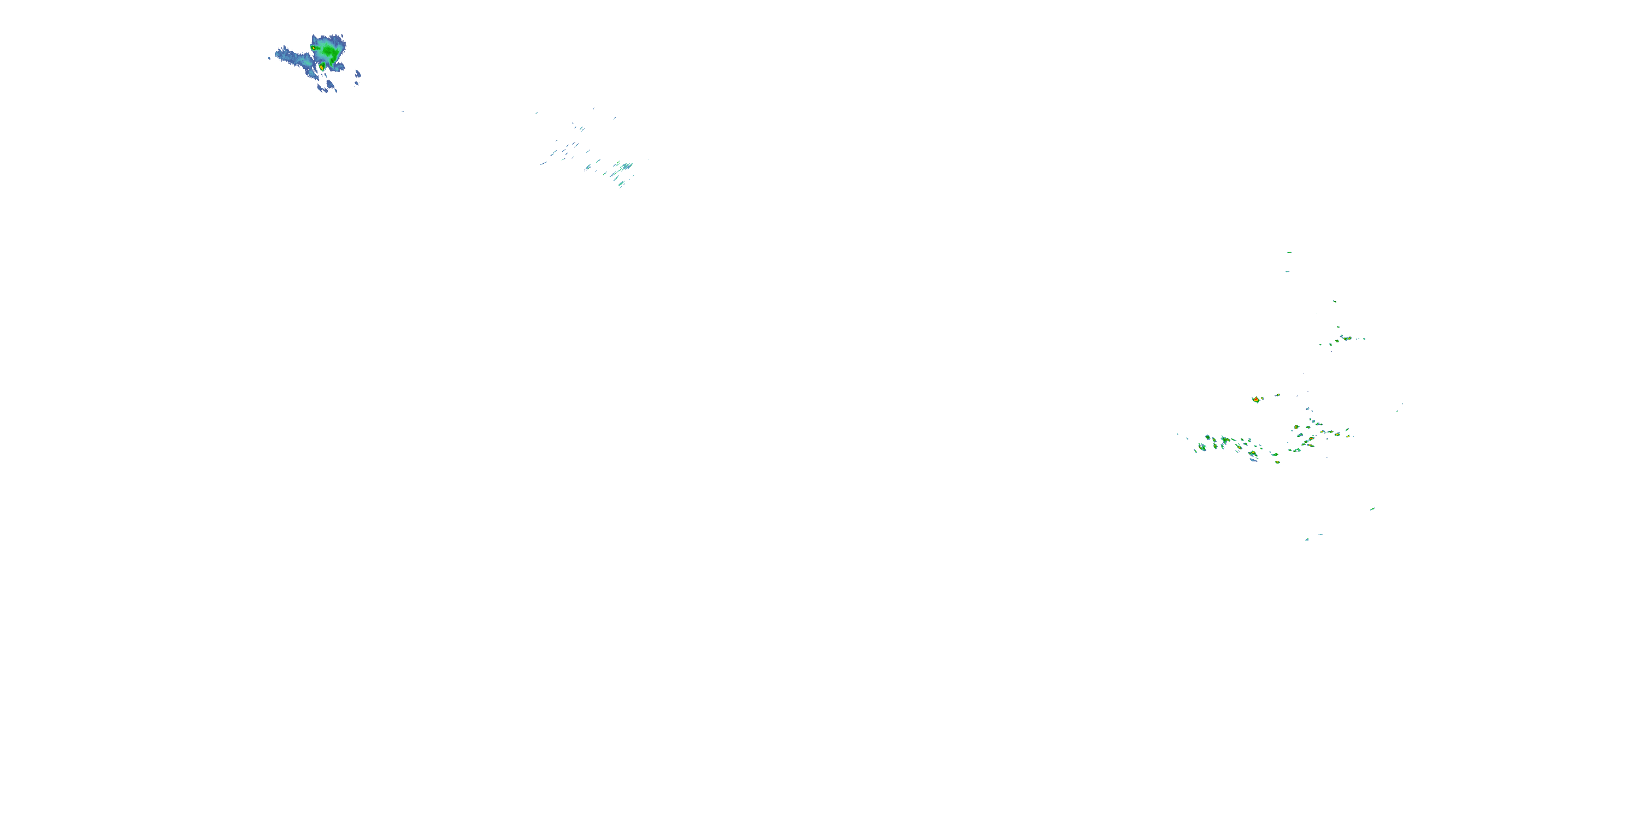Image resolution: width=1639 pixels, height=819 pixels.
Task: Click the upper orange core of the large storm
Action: point(314,48)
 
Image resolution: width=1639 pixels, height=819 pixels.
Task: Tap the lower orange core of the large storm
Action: point(322,66)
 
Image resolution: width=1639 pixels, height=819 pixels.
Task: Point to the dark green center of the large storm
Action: point(328,50)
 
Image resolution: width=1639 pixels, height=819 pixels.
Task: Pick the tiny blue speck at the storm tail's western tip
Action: point(269,58)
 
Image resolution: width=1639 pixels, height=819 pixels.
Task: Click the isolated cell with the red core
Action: point(1257,399)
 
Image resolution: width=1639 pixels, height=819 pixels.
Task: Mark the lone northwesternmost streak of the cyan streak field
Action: point(536,113)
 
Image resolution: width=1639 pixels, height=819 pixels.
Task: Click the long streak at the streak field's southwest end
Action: point(545,163)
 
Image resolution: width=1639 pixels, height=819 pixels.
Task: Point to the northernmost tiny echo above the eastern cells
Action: point(1289,252)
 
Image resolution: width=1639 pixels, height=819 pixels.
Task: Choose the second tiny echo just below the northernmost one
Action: point(1287,271)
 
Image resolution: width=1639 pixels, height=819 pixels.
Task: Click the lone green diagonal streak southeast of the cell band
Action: point(1372,509)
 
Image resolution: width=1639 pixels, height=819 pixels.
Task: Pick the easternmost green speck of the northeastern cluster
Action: point(1364,339)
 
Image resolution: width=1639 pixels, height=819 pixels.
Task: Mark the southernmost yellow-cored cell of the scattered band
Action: point(1277,461)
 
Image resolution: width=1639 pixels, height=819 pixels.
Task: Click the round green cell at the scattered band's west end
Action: point(1202,447)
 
